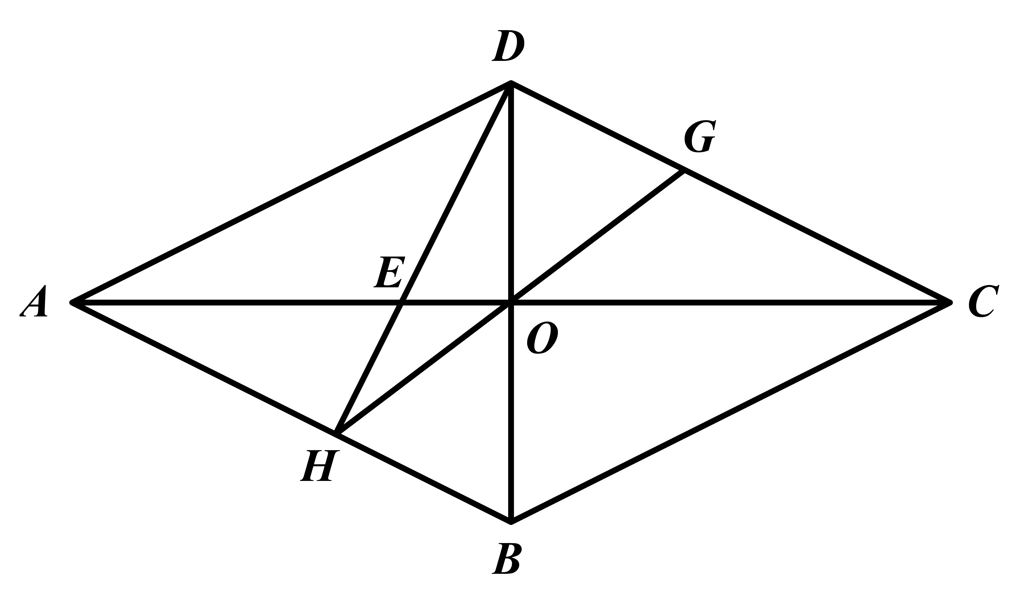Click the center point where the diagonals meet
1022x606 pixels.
pyautogui.click(x=511, y=303)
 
